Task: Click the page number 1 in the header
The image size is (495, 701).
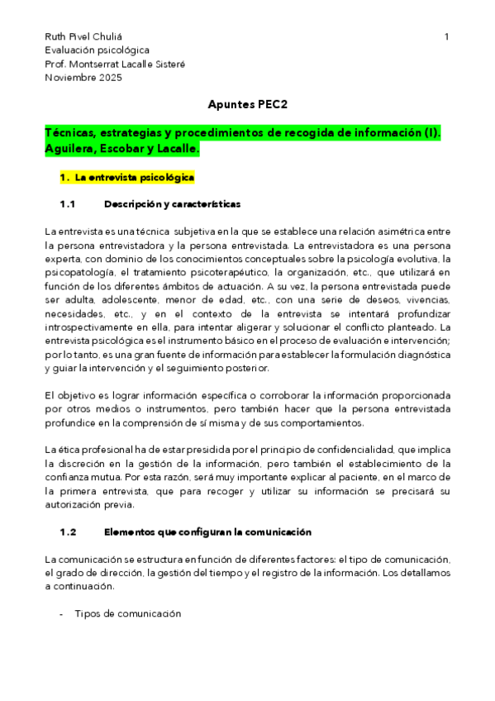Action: click(446, 37)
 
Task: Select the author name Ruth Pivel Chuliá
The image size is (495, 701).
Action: click(82, 37)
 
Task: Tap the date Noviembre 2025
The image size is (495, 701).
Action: click(83, 78)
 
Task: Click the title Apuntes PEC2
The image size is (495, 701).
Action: click(247, 105)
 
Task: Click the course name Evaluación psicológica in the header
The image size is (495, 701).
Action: click(98, 50)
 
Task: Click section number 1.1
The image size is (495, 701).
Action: click(68, 204)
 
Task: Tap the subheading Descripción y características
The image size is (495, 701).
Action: click(172, 204)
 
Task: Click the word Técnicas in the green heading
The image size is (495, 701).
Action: click(71, 133)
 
